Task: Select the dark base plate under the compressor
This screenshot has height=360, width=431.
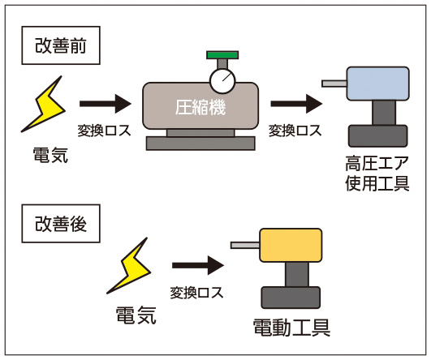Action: (x=198, y=143)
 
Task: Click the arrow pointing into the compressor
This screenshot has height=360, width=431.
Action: (x=105, y=104)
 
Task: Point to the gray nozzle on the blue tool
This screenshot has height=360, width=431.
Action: (x=334, y=83)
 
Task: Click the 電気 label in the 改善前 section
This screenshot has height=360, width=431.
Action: (x=50, y=154)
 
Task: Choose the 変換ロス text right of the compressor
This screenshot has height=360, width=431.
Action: (x=295, y=131)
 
